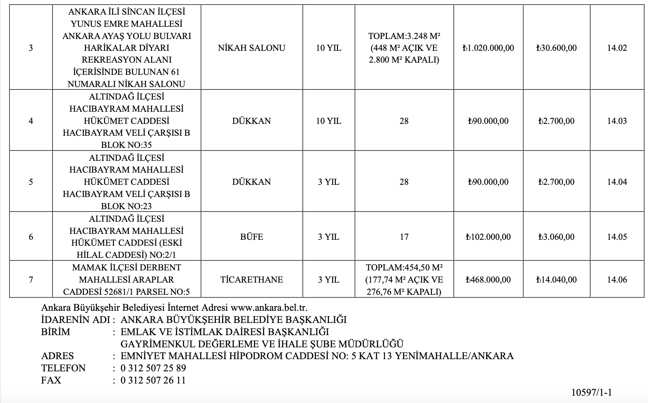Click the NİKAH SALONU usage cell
[252, 48]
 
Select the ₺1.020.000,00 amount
[488, 48]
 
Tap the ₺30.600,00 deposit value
[556, 48]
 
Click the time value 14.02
[617, 48]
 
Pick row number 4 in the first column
[31, 121]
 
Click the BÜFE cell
[252, 237]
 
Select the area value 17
[404, 237]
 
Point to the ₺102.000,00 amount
[488, 237]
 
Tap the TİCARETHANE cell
[252, 280]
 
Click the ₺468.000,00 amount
[488, 280]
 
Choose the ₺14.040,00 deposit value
[556, 280]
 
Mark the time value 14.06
[617, 280]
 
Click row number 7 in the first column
[31, 280]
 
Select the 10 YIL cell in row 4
[329, 121]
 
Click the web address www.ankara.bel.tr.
[269, 308]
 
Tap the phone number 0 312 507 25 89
[153, 368]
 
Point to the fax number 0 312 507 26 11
[153, 380]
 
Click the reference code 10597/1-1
[592, 393]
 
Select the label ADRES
[57, 356]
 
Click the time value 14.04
[617, 182]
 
